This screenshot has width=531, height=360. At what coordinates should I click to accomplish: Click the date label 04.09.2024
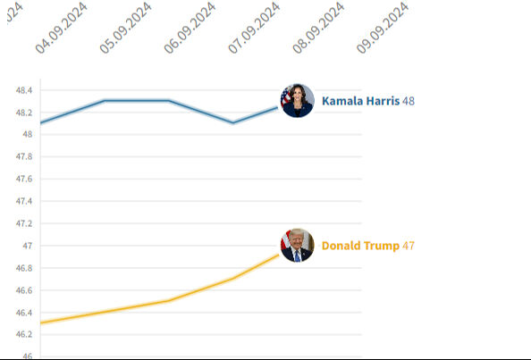pos(62,29)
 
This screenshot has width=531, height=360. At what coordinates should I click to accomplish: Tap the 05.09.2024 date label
pos(126,29)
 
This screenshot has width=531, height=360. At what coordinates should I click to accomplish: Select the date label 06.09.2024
pos(190,29)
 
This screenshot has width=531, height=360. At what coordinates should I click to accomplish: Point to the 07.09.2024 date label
pos(255,29)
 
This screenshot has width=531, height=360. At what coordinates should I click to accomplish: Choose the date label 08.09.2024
pos(319,29)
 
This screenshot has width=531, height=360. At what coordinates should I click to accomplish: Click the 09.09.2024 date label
pos(383,29)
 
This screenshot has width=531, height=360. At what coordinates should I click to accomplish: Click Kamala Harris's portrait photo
pos(298,101)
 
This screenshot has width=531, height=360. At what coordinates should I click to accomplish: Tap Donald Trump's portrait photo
pos(298,245)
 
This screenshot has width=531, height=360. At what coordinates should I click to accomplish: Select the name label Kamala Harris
pos(360,101)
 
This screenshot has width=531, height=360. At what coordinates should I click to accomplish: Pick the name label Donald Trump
pos(360,246)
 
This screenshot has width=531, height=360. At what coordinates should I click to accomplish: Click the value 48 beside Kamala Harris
pos(409,101)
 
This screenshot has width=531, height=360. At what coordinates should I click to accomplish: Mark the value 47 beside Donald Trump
pos(409,246)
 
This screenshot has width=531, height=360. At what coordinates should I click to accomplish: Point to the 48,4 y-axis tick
pos(23,91)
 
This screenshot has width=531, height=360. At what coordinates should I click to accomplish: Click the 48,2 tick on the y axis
pos(23,113)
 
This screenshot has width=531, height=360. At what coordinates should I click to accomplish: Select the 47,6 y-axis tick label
pos(23,180)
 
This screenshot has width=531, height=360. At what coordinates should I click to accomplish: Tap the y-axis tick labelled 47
pos(28,246)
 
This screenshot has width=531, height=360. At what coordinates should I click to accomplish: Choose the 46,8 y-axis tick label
pos(23,268)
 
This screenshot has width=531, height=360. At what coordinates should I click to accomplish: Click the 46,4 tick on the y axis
pos(23,313)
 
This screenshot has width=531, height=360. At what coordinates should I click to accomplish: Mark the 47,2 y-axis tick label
pos(23,224)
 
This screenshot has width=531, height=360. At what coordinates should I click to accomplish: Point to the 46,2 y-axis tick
pos(23,335)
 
